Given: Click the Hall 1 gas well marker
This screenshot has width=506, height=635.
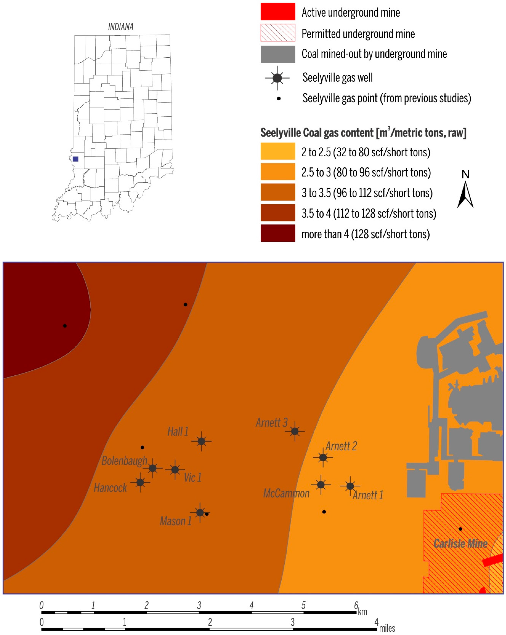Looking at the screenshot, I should coord(201,441).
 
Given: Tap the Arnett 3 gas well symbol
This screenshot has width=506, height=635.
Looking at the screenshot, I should coord(295,431).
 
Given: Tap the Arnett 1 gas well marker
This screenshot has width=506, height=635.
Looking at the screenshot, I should coord(350,486).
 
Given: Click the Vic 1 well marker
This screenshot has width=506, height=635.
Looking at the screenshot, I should coord(175,469).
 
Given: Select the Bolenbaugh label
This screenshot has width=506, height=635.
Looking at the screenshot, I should coord(124,460).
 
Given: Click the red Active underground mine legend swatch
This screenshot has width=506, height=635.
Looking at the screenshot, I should coord(278,12).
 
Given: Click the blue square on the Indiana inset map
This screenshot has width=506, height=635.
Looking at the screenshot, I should coord(75,159).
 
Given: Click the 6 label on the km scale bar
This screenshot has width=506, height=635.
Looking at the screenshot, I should coord(356,605).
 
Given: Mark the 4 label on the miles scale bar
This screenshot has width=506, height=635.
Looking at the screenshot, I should coord(376,622).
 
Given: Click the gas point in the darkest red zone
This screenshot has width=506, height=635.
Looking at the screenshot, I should coord(65,326).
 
